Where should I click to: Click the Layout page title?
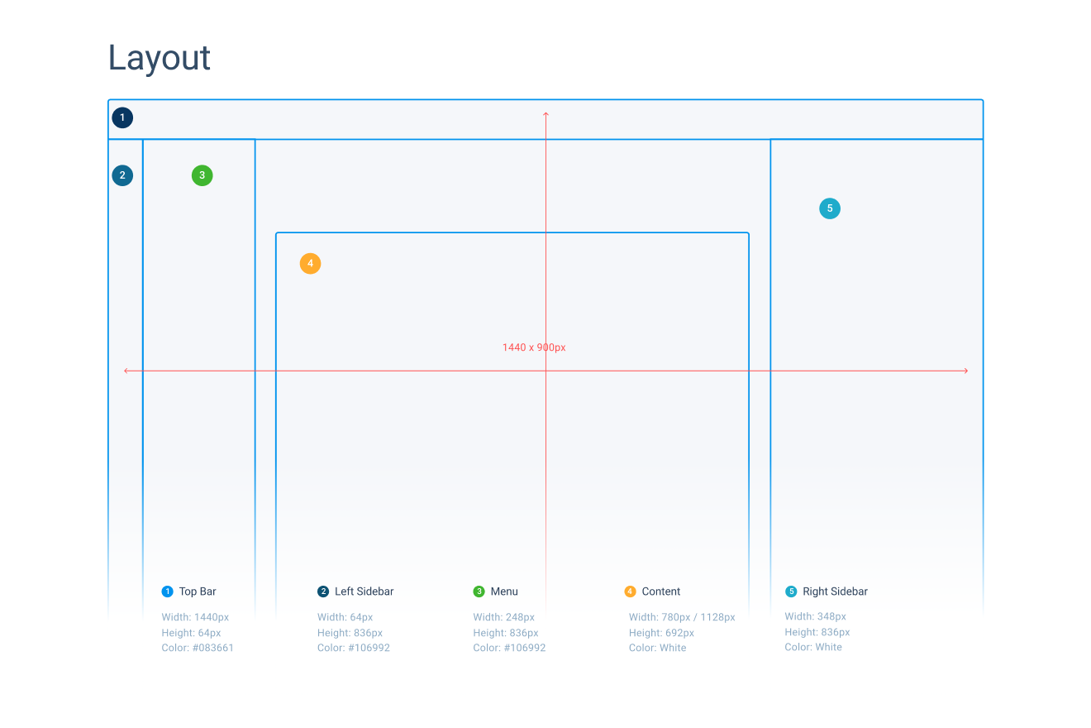point(159,59)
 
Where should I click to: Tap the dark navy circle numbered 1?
point(122,117)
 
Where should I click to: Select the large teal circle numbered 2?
point(122,175)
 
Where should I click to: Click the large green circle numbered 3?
point(202,175)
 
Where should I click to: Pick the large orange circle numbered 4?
point(310,264)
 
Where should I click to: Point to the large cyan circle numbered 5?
point(830,208)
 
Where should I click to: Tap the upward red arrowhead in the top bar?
point(546,114)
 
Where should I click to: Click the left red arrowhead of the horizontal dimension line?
point(126,371)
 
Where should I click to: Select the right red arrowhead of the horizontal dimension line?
point(966,371)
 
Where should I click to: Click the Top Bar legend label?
point(198,591)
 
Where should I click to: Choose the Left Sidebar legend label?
point(364,591)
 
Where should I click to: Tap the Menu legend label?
point(504,591)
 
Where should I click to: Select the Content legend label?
point(660,591)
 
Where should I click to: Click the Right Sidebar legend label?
point(835,591)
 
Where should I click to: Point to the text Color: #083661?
point(198,648)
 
